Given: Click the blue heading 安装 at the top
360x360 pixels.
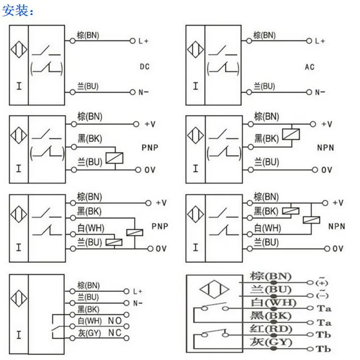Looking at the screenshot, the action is tap(15, 11).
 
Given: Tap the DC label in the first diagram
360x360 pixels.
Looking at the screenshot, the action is tap(144, 67).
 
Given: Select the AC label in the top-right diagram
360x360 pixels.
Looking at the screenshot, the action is tap(310, 67).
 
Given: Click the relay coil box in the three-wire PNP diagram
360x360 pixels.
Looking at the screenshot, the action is tap(114, 158).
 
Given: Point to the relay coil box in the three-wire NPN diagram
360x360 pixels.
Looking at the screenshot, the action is tap(291, 134).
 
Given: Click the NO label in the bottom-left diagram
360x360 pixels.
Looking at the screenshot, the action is tap(115, 321).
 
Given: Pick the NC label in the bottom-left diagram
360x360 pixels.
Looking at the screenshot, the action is tap(115, 333).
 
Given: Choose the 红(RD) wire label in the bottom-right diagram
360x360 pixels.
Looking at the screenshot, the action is tap(271, 329).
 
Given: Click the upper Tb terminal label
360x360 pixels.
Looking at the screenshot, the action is tap(323, 335).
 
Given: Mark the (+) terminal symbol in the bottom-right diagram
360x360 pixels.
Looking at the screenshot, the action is tap(322, 282).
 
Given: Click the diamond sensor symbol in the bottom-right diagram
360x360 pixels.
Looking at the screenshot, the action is tap(214, 289).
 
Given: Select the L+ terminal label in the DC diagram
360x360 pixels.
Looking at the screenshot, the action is tap(144, 41).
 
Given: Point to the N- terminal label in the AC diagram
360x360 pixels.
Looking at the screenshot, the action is tap(320, 93).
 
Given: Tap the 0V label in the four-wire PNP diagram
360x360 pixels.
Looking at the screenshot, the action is tap(161, 249).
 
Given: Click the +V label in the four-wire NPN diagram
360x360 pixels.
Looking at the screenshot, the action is tap(338, 203).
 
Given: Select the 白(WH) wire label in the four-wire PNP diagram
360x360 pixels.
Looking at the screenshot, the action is tap(91, 228).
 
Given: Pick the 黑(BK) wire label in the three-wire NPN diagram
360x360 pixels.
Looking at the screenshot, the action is tap(266, 139).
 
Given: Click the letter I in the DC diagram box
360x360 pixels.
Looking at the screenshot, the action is tap(19, 86).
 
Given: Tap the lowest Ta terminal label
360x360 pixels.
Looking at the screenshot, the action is tap(324, 323).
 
